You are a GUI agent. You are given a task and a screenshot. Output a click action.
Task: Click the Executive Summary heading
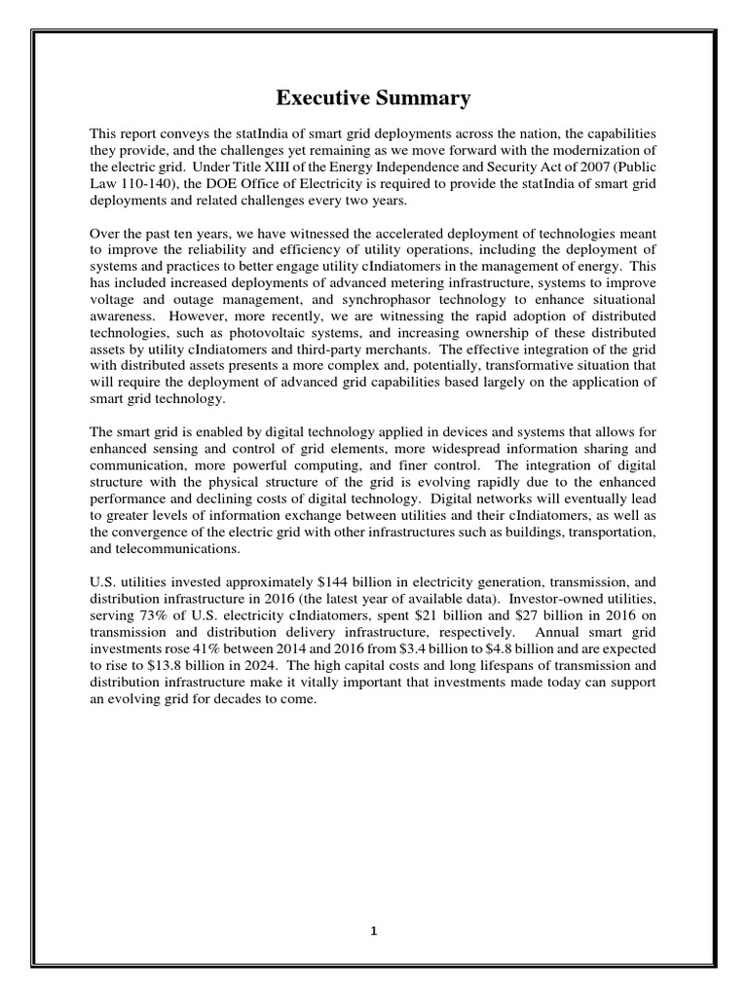(x=373, y=97)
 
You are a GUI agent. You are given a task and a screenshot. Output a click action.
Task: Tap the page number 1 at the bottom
(x=374, y=930)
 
